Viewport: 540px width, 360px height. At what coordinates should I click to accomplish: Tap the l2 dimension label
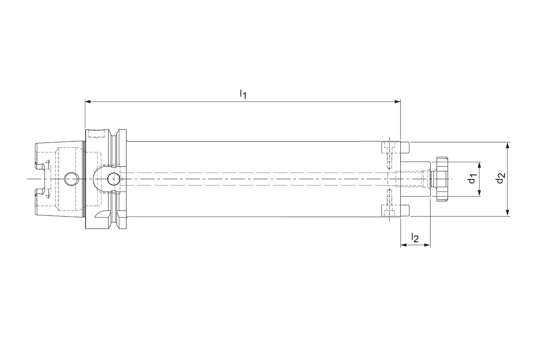point(415,238)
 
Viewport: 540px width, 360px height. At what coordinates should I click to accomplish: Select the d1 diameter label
point(472,179)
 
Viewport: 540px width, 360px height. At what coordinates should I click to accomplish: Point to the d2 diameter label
point(500,179)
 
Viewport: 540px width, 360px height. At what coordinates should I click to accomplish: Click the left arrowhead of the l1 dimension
point(88,102)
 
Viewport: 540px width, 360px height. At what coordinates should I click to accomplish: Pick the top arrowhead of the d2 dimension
point(508,145)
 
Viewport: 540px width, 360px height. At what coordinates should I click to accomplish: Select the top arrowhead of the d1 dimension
point(479,164)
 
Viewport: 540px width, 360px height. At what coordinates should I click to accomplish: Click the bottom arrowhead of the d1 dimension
point(479,194)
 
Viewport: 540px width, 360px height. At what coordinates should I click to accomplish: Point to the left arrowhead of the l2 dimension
point(403,245)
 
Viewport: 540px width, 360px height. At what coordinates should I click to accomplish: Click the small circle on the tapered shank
point(71,179)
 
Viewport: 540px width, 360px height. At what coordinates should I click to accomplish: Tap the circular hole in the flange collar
point(113,179)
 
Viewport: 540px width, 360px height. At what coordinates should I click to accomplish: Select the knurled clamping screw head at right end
point(440,179)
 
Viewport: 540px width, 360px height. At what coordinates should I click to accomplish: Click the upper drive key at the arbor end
point(405,148)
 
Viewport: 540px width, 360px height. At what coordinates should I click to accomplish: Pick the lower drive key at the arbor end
point(405,210)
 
